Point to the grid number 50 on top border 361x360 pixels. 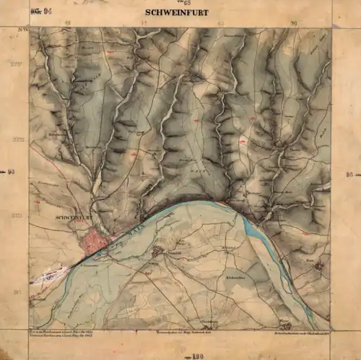point(293,23)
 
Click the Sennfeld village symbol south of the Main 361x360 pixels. point(158,252)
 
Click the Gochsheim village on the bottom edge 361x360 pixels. point(209,324)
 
